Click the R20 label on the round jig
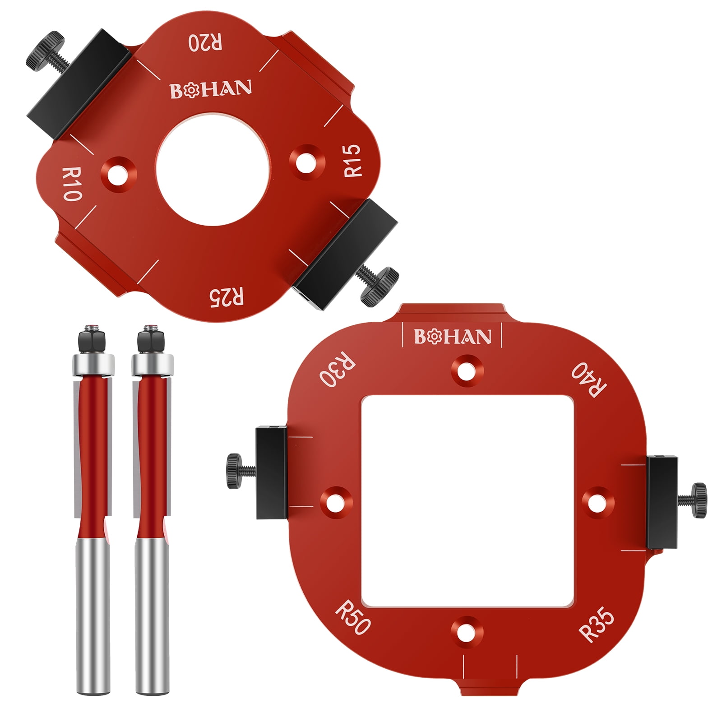coord(205,42)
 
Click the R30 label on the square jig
coord(338,372)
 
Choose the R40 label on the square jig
coord(589,380)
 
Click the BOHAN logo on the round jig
coord(211,89)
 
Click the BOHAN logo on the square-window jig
coord(452,337)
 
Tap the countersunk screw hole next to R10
coord(118,172)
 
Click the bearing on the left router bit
coord(93,364)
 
